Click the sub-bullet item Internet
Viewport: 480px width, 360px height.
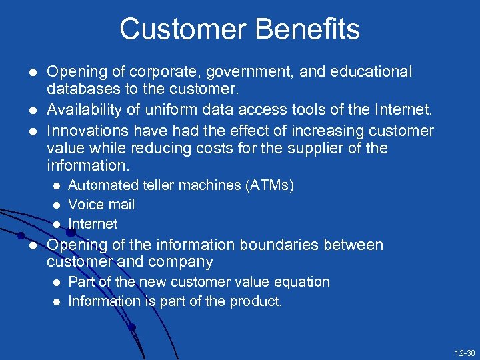coord(93,224)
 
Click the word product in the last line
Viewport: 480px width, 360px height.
coord(256,301)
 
